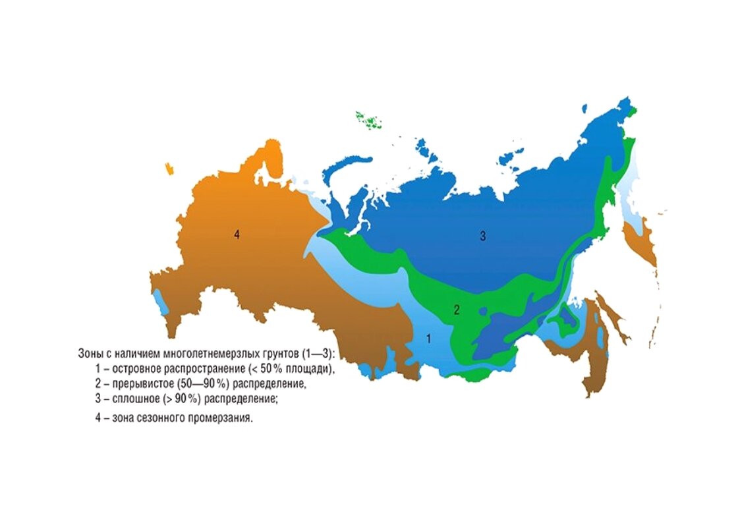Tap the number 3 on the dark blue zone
point(482,236)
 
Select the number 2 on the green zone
point(455,310)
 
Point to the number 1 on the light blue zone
point(428,339)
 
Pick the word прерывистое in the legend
point(138,384)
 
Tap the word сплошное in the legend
point(131,399)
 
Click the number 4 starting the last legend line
point(98,418)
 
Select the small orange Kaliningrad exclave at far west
point(171,169)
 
